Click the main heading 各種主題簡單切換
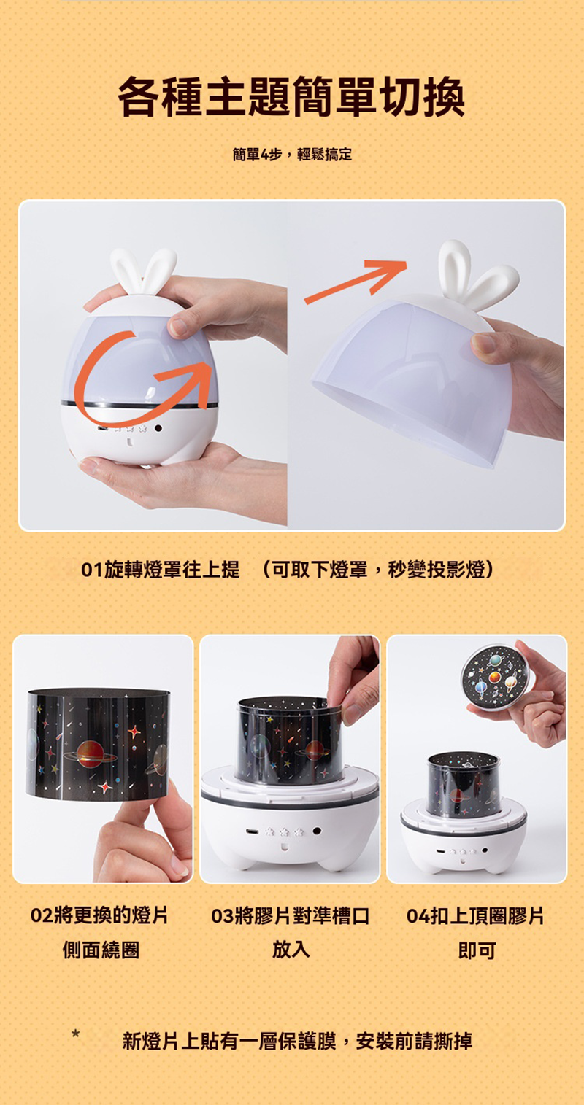[x=291, y=96]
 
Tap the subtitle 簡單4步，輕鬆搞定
[x=292, y=155]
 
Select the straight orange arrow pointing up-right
[x=356, y=282]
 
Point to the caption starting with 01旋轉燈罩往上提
[x=161, y=570]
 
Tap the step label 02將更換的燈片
[x=99, y=915]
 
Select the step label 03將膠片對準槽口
[x=291, y=915]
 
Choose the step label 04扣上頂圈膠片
[x=475, y=915]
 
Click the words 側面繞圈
[x=101, y=950]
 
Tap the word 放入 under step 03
[x=291, y=949]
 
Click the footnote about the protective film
[x=297, y=1041]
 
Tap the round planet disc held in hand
[x=495, y=676]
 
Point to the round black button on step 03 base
[x=317, y=831]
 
